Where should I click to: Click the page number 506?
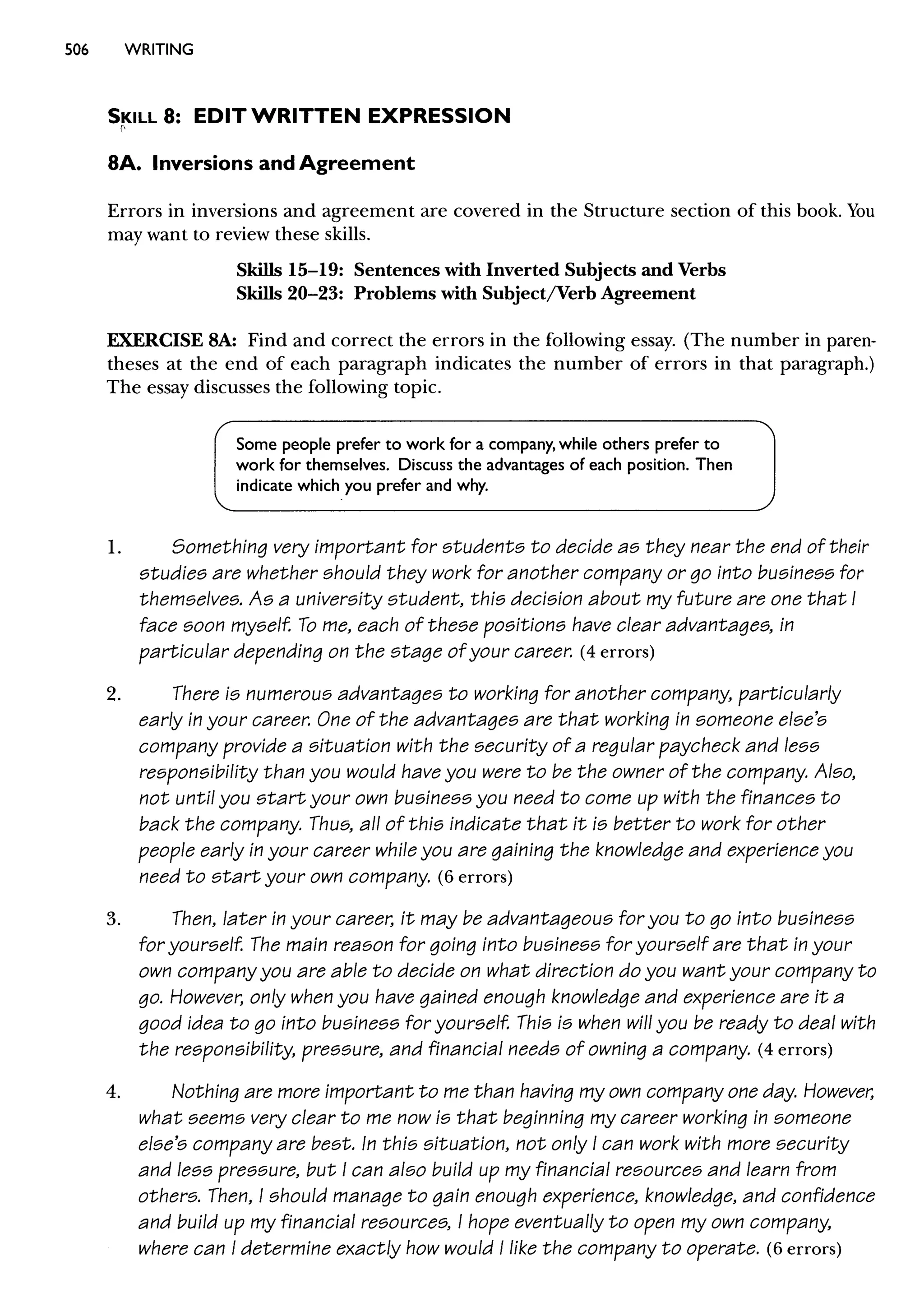coord(77,50)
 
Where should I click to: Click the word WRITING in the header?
coord(159,50)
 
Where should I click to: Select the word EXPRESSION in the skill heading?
coord(438,116)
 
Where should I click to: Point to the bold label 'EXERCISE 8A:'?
coord(172,340)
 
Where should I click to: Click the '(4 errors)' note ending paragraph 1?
coord(617,652)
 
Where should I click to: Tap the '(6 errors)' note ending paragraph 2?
coord(475,877)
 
